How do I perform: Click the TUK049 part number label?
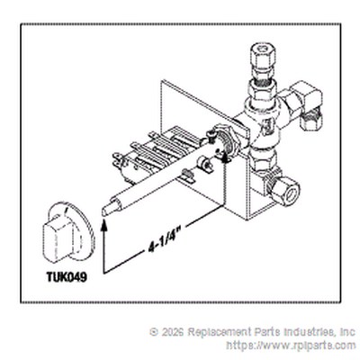67,276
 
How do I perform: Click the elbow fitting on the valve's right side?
303,103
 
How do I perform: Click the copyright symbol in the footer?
154,332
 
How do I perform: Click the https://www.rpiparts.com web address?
291,346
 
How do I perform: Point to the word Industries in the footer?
306,332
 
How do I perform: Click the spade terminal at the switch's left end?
116,158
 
